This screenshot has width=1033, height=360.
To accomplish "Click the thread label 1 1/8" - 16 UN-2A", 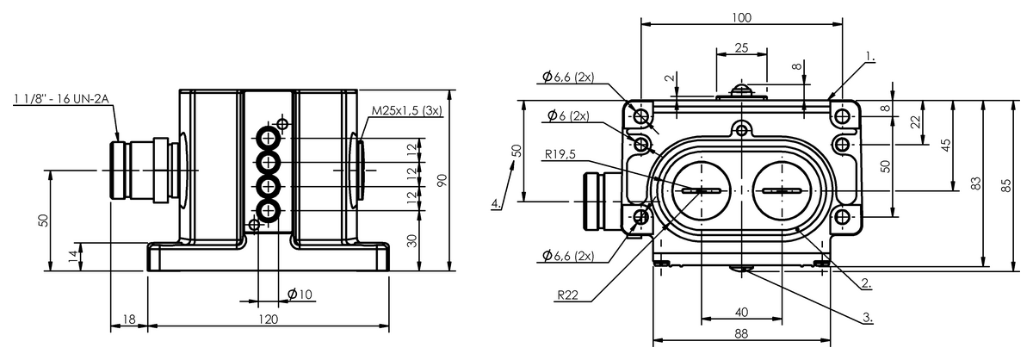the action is click(61, 99).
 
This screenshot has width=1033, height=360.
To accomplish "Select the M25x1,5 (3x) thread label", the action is click(406, 111).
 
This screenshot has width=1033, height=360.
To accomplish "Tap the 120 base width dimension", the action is click(268, 320).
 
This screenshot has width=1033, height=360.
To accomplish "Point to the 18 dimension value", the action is click(129, 320).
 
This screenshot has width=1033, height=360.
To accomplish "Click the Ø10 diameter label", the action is click(300, 294).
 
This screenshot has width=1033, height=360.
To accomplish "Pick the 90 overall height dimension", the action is click(442, 180).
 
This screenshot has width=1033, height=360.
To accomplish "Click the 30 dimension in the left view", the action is click(411, 240).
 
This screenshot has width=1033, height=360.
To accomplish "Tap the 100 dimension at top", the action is click(741, 17).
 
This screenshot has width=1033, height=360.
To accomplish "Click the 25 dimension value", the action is click(741, 48).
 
